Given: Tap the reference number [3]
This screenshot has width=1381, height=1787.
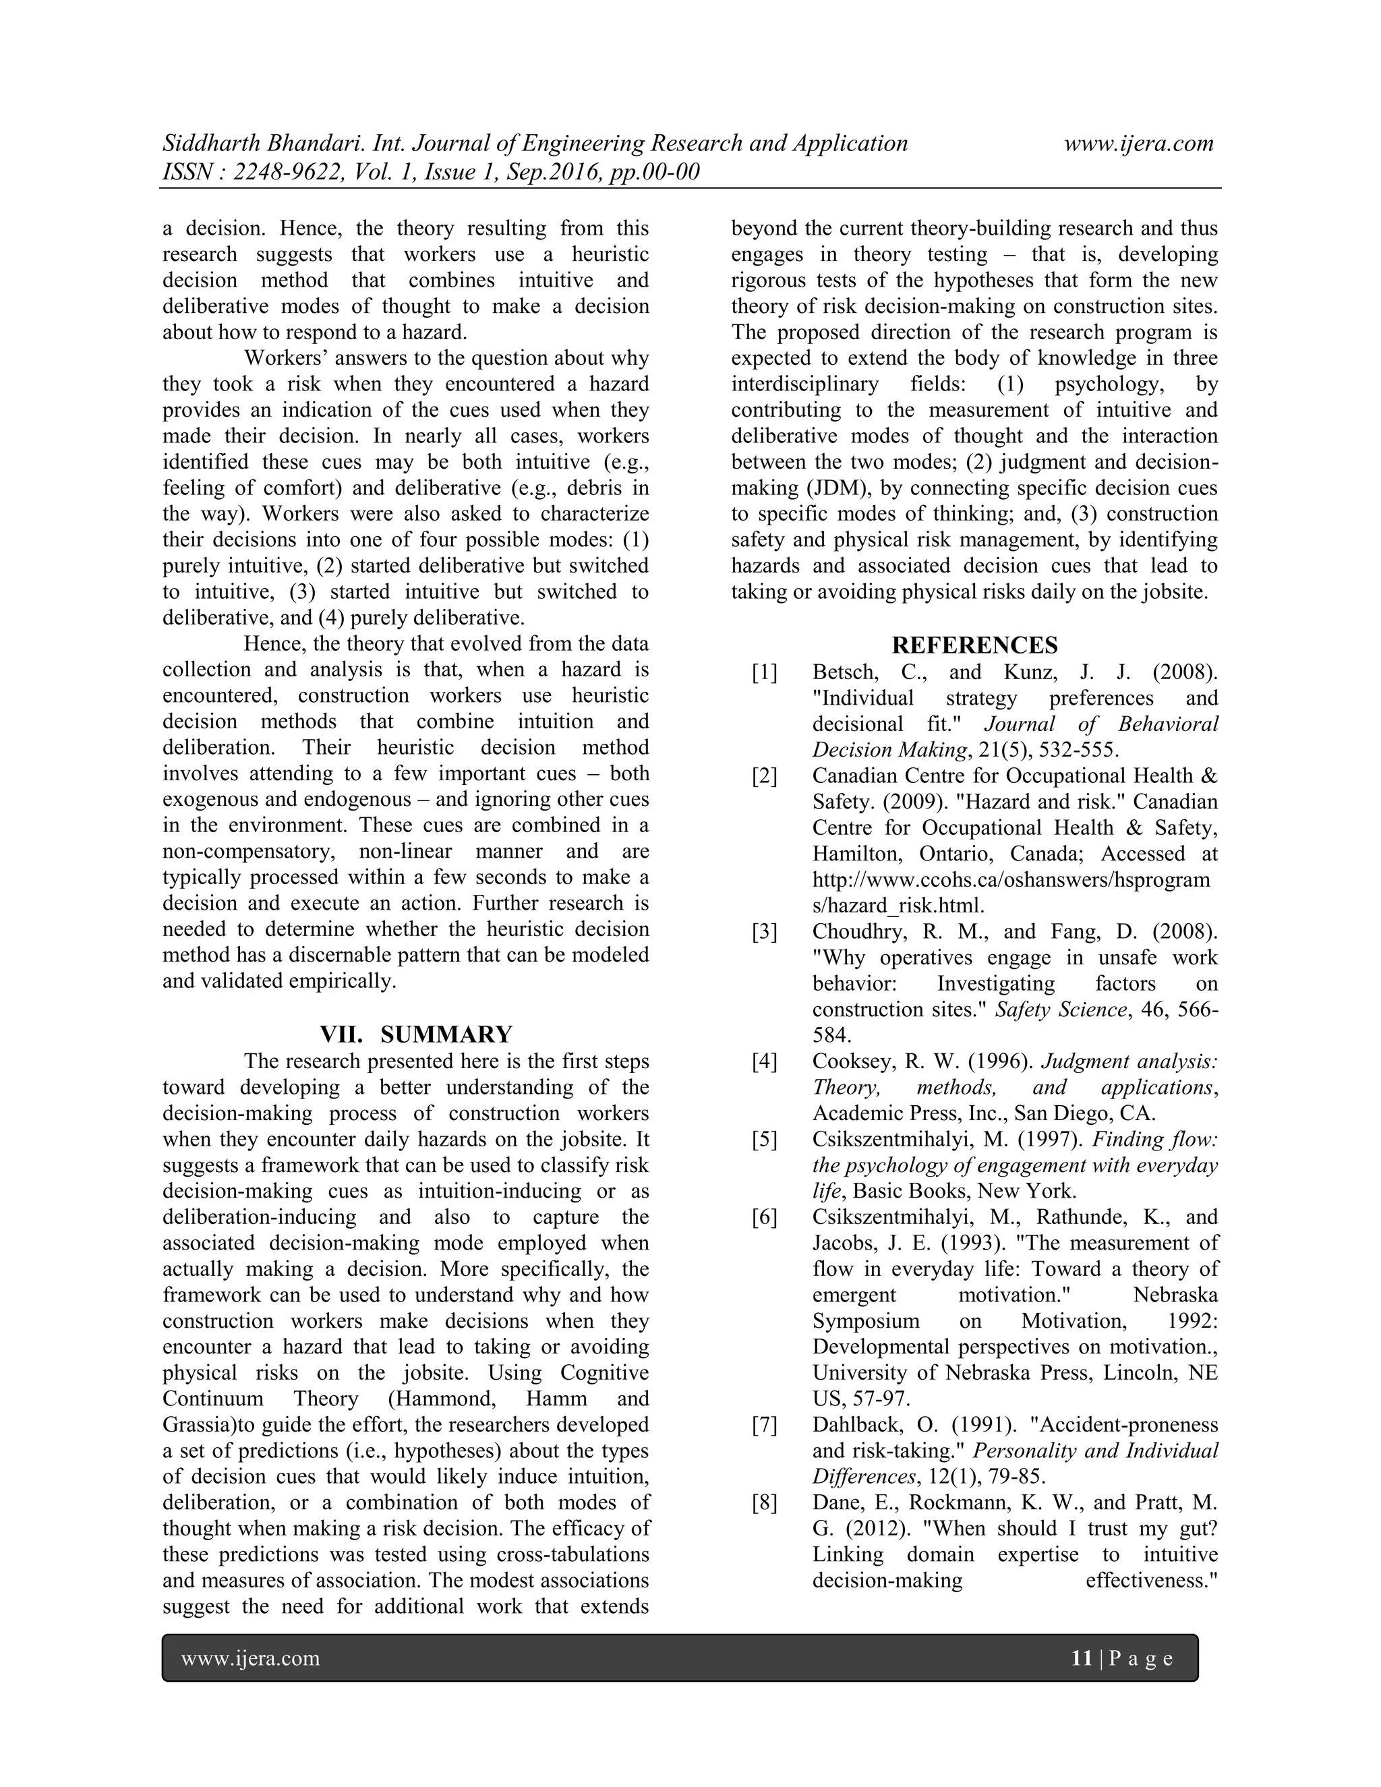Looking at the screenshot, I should click(x=764, y=932).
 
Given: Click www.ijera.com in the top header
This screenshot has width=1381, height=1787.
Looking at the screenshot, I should click(x=1138, y=144).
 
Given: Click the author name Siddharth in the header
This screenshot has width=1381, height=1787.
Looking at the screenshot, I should click(x=211, y=144).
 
